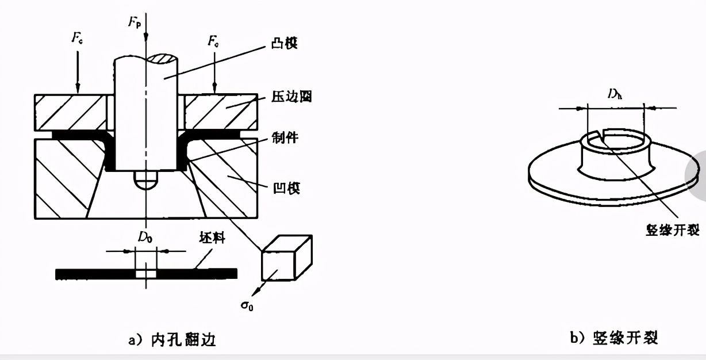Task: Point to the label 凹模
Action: pyautogui.click(x=286, y=188)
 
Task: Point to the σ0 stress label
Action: pyautogui.click(x=247, y=303)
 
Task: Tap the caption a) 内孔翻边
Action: pyautogui.click(x=171, y=340)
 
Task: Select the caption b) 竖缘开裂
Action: pyautogui.click(x=613, y=338)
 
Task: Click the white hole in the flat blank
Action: pyautogui.click(x=145, y=274)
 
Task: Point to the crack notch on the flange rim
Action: pyautogui.click(x=600, y=137)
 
